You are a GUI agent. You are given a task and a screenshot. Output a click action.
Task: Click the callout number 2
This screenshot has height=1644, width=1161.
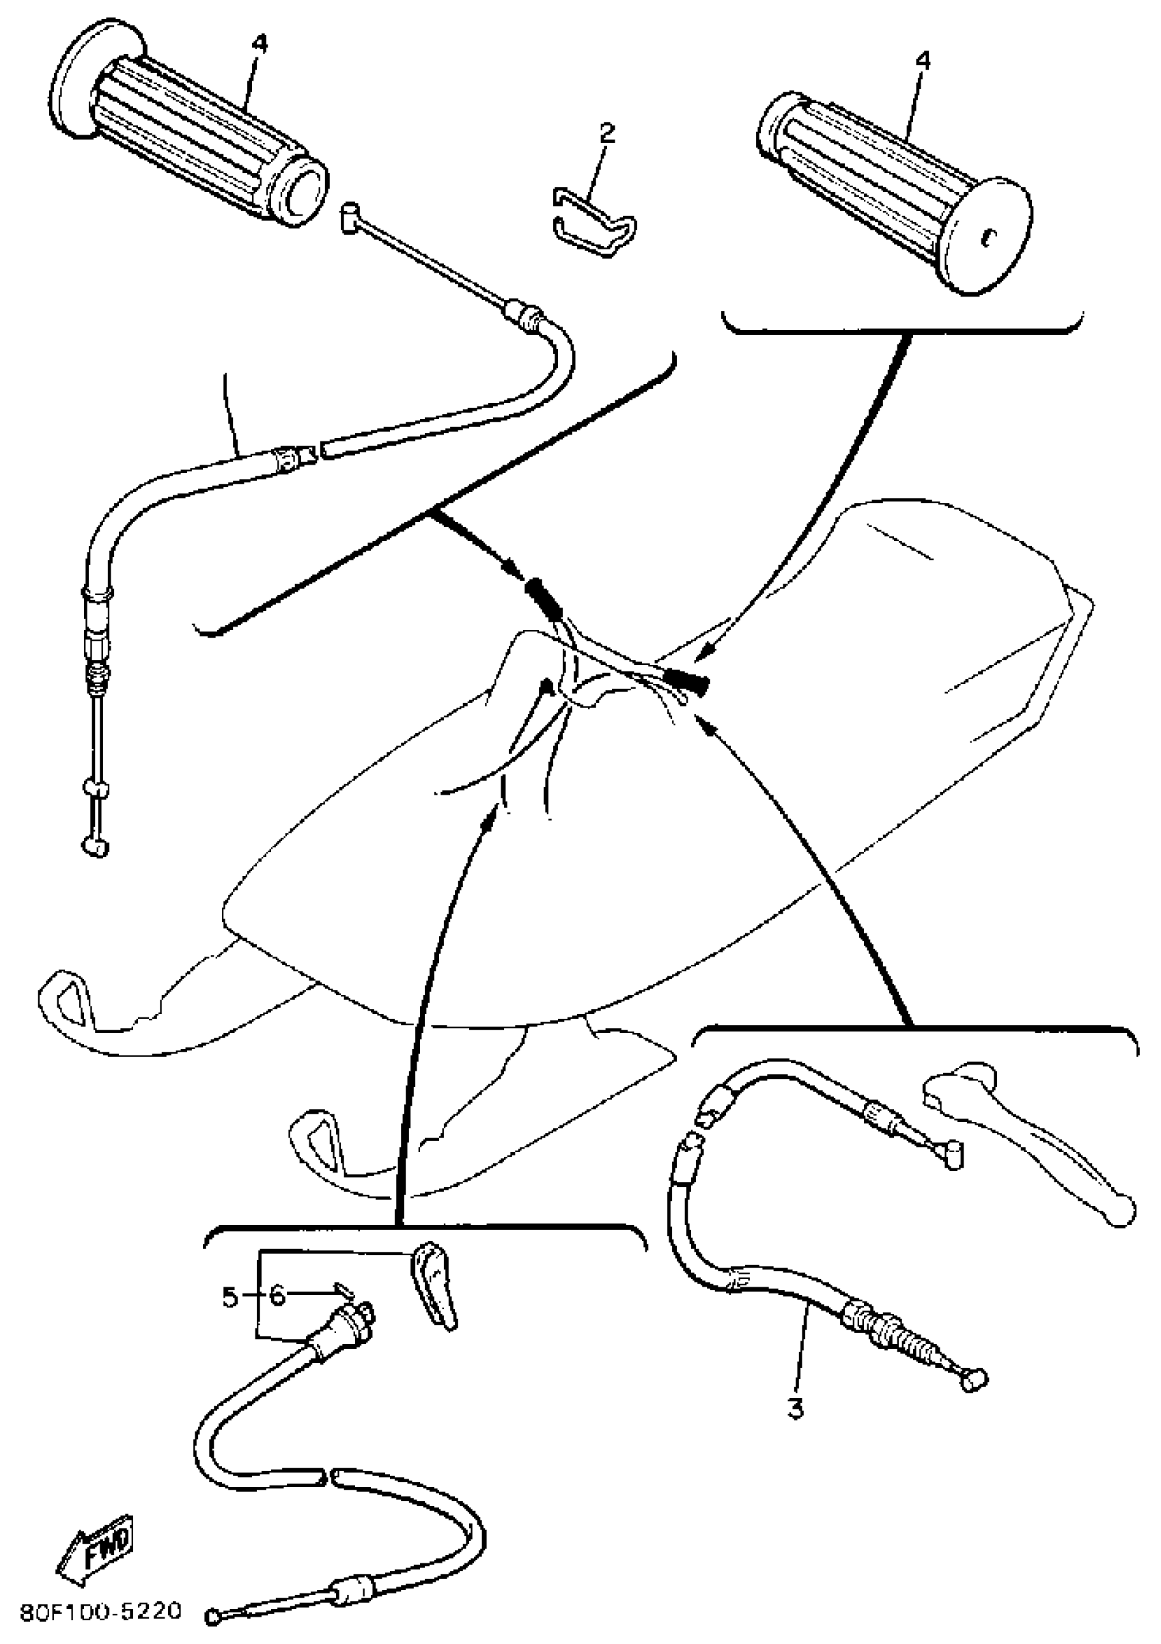point(606,133)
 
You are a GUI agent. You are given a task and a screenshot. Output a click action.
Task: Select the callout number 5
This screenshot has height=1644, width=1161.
point(229,1297)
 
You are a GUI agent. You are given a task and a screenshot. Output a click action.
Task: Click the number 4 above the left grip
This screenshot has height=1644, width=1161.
point(259,44)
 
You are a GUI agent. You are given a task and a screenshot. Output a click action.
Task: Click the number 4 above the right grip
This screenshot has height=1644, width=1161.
point(923,61)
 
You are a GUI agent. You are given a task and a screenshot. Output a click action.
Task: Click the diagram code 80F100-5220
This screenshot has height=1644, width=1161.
point(100,1612)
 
